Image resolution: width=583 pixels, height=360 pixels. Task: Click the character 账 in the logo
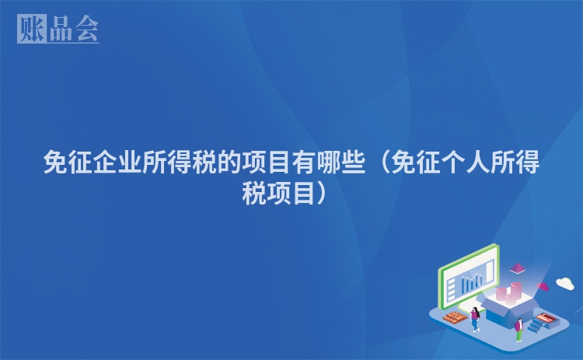(x=32, y=29)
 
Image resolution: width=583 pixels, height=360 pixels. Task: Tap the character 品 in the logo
(x=61, y=29)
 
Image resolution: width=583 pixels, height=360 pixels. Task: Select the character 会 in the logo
(x=86, y=29)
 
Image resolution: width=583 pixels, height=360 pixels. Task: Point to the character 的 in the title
(x=229, y=163)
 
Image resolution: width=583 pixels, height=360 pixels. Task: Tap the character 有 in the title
(x=304, y=163)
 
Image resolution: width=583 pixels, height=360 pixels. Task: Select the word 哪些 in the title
(x=341, y=163)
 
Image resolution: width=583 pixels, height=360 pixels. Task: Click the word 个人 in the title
(x=465, y=163)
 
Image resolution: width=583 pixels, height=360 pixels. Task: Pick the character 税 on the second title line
(x=254, y=194)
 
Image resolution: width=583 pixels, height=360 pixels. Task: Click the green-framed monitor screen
(x=469, y=277)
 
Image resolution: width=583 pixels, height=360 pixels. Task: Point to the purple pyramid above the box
(x=517, y=267)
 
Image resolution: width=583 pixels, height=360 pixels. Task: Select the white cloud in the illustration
(x=565, y=283)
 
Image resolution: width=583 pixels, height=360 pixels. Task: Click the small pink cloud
(x=543, y=286)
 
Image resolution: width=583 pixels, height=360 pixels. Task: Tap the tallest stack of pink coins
(x=515, y=291)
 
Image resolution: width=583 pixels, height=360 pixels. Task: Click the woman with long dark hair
(x=475, y=319)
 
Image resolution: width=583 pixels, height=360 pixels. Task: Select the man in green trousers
(x=519, y=330)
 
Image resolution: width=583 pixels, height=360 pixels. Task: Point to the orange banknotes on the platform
(x=456, y=317)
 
